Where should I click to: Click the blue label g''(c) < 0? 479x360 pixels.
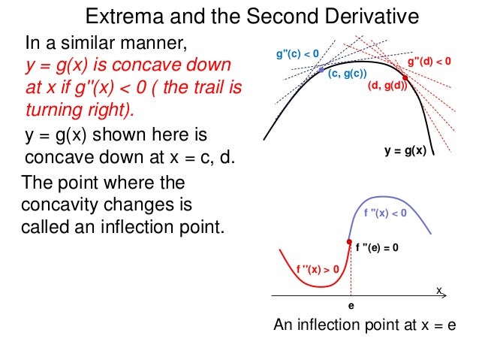click(x=298, y=53)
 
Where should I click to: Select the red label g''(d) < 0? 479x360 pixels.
click(x=429, y=61)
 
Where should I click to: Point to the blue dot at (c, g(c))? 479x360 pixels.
click(x=321, y=70)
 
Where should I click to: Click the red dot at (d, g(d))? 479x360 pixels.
click(x=405, y=77)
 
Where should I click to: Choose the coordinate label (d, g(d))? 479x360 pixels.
click(x=387, y=86)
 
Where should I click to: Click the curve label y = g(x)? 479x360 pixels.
click(x=405, y=150)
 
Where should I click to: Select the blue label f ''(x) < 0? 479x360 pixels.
click(x=385, y=213)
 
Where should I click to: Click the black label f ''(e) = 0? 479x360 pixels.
click(x=387, y=247)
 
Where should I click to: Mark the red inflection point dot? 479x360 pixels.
click(x=349, y=241)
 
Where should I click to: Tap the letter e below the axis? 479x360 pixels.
click(x=350, y=307)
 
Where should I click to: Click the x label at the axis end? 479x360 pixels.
click(x=439, y=290)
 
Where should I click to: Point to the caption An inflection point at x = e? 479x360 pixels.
click(x=364, y=325)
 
